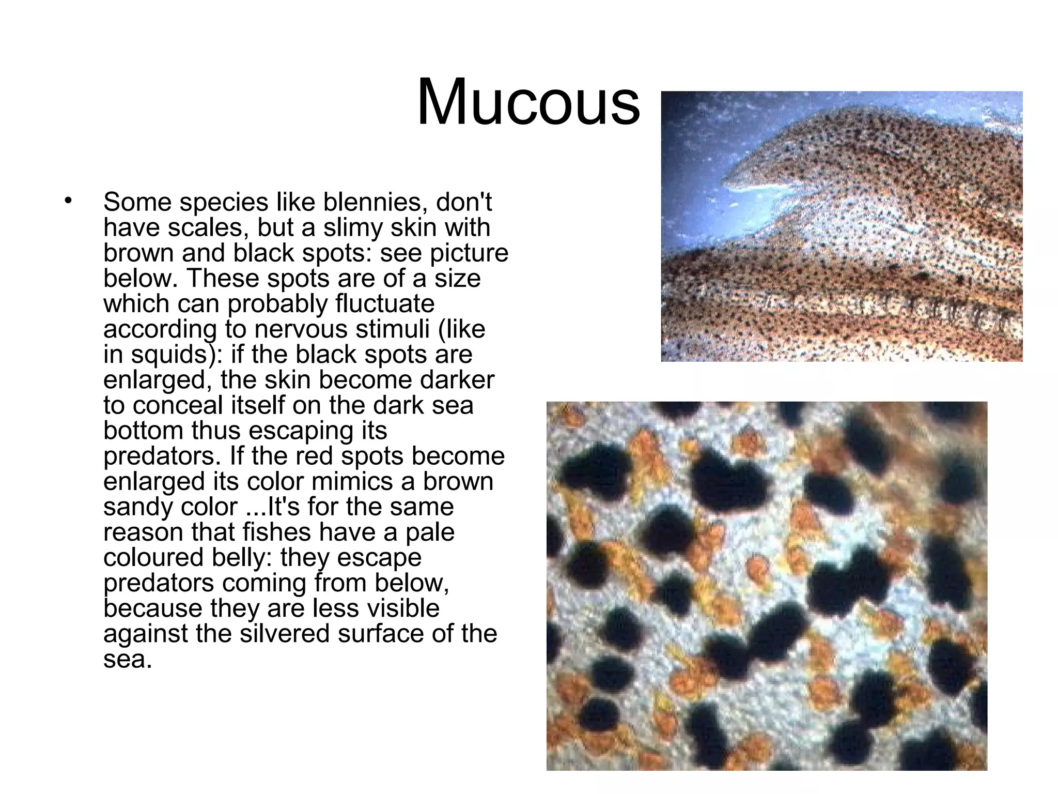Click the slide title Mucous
point(528,102)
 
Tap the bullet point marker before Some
point(67,201)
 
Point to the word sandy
point(134,507)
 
